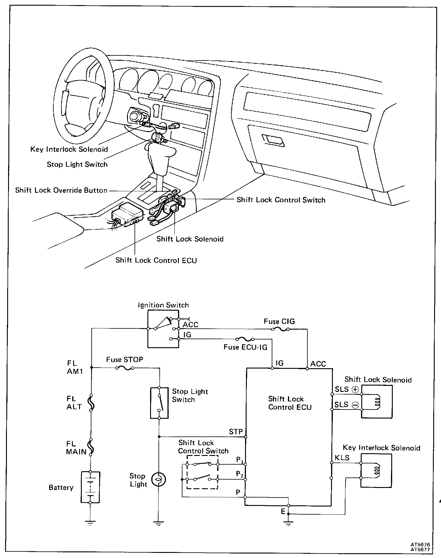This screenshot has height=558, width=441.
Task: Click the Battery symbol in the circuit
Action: (90, 487)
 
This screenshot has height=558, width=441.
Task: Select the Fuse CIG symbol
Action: (280, 329)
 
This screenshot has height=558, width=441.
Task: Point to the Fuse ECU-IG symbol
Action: (245, 339)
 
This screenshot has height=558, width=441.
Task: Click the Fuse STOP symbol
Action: (124, 369)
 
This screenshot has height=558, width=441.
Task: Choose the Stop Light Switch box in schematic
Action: (159, 403)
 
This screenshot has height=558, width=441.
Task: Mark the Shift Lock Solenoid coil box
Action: (377, 401)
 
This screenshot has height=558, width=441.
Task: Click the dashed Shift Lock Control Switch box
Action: (202, 473)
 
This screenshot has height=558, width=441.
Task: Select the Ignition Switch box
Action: (163, 329)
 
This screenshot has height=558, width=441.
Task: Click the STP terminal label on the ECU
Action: (236, 431)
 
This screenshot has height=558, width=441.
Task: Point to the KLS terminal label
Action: (342, 458)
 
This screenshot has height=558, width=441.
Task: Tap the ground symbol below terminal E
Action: (288, 523)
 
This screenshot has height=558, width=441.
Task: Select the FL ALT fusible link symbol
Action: (91, 403)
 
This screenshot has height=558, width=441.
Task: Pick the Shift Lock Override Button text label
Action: (61, 190)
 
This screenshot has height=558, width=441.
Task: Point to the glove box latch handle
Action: (273, 140)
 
